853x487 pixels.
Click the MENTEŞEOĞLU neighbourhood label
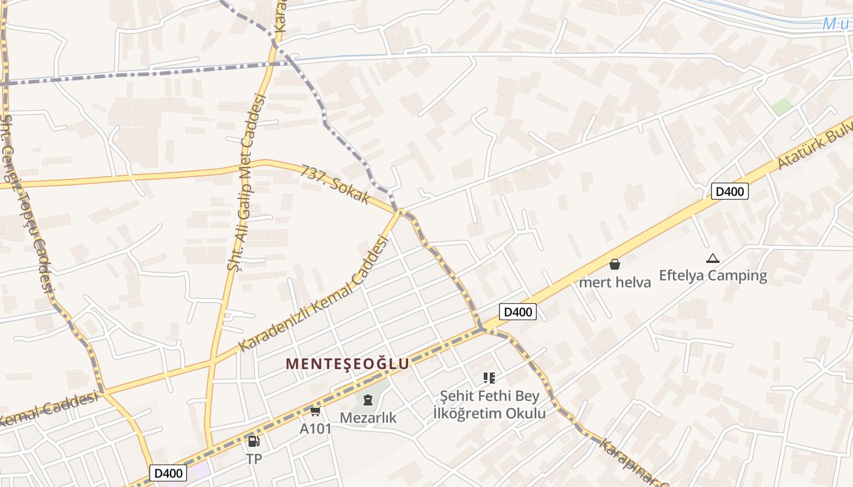pyautogui.click(x=347, y=364)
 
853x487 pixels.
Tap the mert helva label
pyautogui.click(x=615, y=282)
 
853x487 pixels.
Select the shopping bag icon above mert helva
pyautogui.click(x=615, y=264)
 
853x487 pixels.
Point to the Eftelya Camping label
pyautogui.click(x=713, y=275)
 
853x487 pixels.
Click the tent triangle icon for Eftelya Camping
pyautogui.click(x=713, y=258)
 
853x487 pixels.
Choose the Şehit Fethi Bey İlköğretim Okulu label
pyautogui.click(x=489, y=404)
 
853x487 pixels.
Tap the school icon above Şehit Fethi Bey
pyautogui.click(x=489, y=378)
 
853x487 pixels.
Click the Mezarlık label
pyautogui.click(x=368, y=418)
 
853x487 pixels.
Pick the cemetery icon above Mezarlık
pyautogui.click(x=367, y=400)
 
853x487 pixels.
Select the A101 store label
pyautogui.click(x=316, y=429)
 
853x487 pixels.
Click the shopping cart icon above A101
pyautogui.click(x=315, y=412)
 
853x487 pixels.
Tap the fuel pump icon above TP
pyautogui.click(x=253, y=441)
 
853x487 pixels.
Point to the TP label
pyautogui.click(x=254, y=459)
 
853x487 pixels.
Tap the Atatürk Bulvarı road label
pyautogui.click(x=813, y=144)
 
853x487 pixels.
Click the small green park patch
pyautogui.click(x=782, y=107)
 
